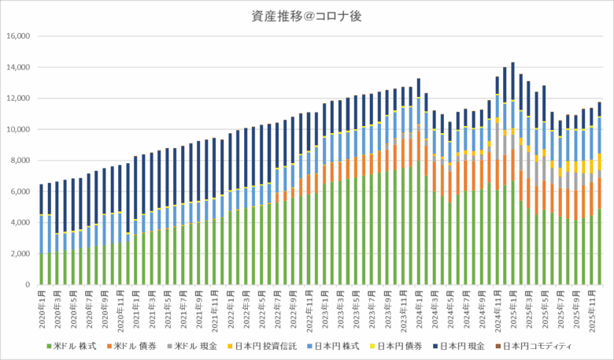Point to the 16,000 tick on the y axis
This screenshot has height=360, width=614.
click(x=17, y=36)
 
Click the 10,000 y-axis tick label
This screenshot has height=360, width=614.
click(x=17, y=129)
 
